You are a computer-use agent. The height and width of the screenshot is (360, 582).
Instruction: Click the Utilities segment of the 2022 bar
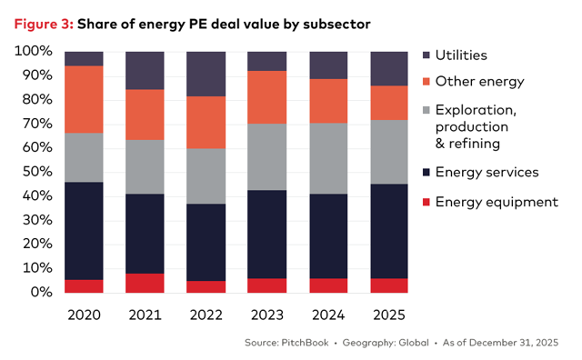point(206,74)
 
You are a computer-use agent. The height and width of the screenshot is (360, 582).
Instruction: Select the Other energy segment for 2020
point(84,99)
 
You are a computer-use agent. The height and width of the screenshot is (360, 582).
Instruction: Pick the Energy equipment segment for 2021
point(145,283)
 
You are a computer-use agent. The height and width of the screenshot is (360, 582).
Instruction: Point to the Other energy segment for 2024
point(327,101)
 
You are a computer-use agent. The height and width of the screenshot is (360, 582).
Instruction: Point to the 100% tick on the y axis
point(33,51)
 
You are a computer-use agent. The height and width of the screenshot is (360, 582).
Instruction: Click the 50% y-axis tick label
point(36,172)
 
